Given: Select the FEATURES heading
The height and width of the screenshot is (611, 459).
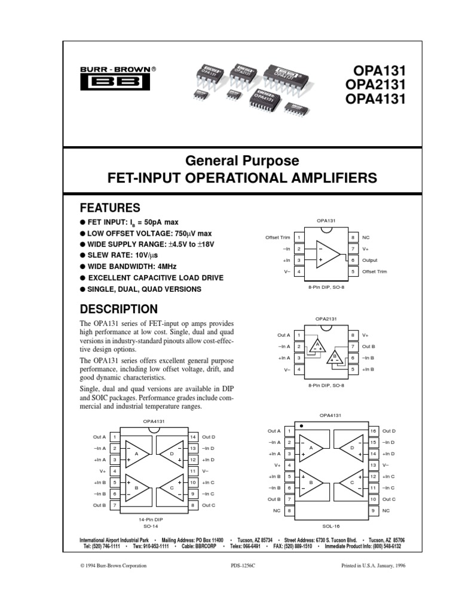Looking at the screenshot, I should click(111, 208).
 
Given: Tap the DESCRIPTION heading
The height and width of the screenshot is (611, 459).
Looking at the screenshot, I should click(119, 309).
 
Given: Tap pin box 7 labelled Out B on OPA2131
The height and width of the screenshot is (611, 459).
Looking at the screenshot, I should click(353, 347).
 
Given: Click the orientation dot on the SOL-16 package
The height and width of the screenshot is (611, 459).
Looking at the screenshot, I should click(302, 427).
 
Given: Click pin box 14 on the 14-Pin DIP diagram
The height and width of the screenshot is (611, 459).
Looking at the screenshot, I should click(193, 437).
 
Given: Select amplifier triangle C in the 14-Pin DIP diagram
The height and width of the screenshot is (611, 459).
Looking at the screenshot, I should click(172, 488).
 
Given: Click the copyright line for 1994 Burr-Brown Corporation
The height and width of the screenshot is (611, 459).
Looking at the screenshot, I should click(113, 566).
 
